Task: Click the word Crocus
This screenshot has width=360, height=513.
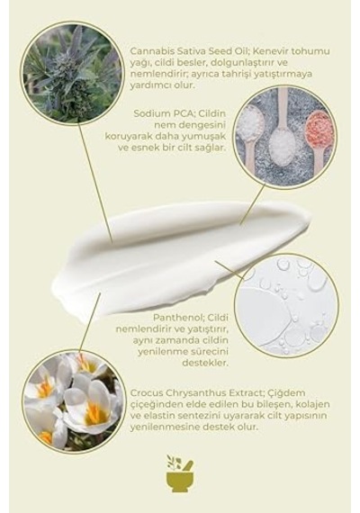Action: coord(147,392)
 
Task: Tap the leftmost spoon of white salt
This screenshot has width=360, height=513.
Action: coord(250,130)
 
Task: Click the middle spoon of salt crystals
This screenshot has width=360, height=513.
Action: coord(282,134)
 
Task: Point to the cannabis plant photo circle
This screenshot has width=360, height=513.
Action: coord(72,73)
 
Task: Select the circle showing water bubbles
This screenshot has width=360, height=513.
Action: coord(287,305)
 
